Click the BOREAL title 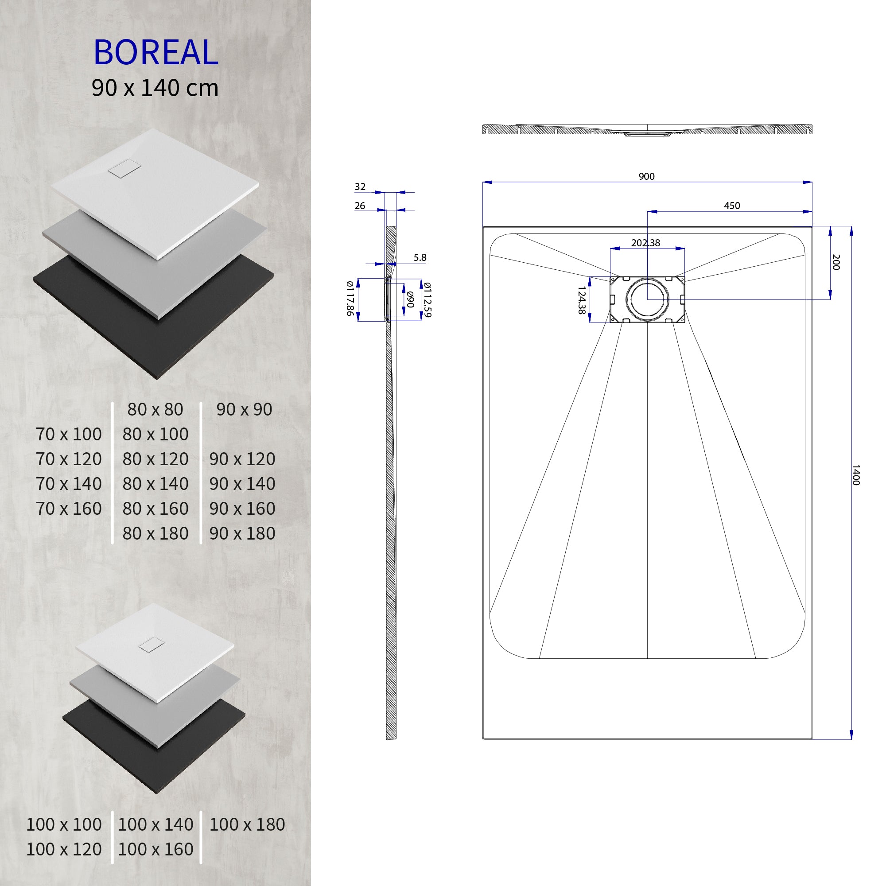[155, 53]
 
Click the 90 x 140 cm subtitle [155, 88]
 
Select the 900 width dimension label [646, 177]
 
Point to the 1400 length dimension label [855, 474]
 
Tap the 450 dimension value [731, 206]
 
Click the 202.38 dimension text [645, 243]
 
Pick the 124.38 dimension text [582, 300]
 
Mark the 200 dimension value [835, 262]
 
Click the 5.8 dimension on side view [420, 258]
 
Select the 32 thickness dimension [360, 187]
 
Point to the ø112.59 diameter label [427, 299]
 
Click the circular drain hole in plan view [647, 299]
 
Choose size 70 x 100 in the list [69, 434]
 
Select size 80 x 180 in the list [155, 533]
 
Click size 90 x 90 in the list [244, 409]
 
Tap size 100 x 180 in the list [247, 824]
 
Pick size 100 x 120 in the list [64, 849]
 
